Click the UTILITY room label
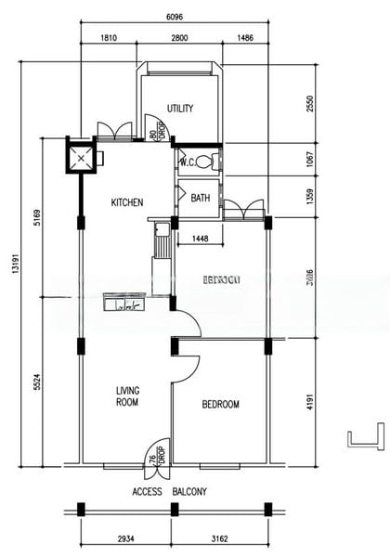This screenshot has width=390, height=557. [x=180, y=109]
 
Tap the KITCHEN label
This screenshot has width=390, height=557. [x=126, y=202]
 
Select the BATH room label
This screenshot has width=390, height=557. [x=201, y=198]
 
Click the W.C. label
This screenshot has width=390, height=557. [x=186, y=162]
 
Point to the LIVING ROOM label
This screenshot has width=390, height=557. [x=127, y=396]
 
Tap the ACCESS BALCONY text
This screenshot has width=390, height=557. [x=169, y=491]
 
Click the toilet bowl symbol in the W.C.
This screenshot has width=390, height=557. [x=204, y=162]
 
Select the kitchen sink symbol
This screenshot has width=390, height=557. [x=124, y=303]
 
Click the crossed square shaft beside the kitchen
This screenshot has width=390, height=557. [x=82, y=157]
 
